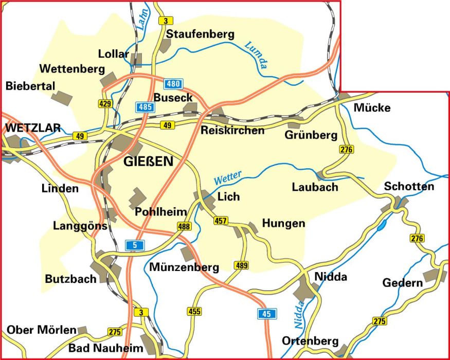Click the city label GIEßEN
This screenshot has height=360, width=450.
click(149, 162)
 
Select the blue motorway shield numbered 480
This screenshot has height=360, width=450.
click(173, 84)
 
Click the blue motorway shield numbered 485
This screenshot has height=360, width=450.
click(145, 107)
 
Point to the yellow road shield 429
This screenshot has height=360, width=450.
click(105, 104)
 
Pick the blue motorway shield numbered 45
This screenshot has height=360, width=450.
click(267, 313)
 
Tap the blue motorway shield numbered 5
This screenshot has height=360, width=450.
click(135, 245)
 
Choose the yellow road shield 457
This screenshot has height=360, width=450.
click(221, 220)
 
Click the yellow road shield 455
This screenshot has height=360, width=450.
click(194, 311)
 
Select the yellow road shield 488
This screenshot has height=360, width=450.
click(183, 226)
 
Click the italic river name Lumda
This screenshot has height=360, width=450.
click(257, 55)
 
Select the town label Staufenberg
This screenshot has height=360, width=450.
click(200, 34)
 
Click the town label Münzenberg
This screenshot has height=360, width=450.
click(184, 267)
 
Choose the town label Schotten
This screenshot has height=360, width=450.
click(409, 186)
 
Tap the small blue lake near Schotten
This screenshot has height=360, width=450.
click(382, 224)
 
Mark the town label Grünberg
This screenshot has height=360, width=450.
click(311, 135)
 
